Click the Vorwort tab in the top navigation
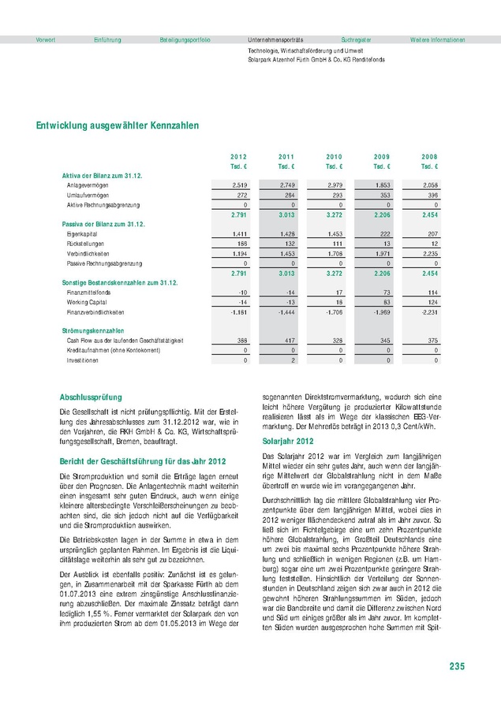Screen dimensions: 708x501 [46, 39]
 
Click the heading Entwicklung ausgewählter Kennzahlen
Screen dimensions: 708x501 [118, 125]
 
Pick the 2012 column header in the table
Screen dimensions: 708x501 [238, 157]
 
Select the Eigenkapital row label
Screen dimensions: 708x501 [82, 234]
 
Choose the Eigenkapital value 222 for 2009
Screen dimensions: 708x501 [385, 234]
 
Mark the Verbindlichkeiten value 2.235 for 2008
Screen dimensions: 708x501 [429, 254]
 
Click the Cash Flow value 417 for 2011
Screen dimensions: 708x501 [289, 340]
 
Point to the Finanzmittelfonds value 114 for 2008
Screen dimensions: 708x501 [432, 292]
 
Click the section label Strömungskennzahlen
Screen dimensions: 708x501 [93, 330]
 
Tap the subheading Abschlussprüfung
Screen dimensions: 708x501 [91, 397]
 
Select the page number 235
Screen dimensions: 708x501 [457, 668]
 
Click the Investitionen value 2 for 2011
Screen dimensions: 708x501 [292, 360]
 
